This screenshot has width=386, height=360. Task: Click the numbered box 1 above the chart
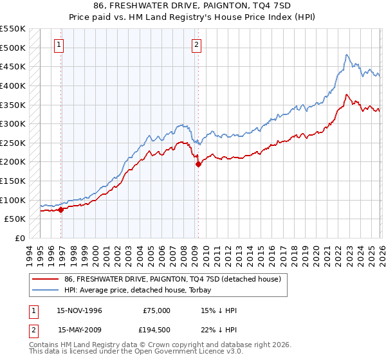(59, 45)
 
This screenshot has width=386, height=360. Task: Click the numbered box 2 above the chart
(196, 45)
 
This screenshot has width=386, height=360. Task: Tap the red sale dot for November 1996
(61, 209)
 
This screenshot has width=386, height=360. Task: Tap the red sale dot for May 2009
(199, 164)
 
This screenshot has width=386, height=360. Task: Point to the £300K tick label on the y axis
(13, 123)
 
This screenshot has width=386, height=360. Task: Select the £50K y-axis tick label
(15, 219)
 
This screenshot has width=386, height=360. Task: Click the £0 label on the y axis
(21, 238)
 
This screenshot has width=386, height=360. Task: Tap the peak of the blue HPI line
(347, 55)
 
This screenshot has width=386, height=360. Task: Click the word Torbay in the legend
(192, 290)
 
